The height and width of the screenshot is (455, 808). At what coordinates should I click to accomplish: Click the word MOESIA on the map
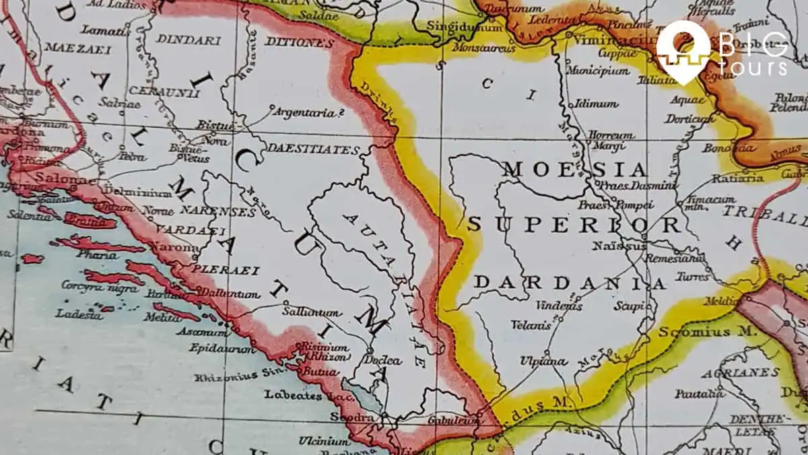574,170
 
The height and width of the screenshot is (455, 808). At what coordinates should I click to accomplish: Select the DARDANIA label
569,283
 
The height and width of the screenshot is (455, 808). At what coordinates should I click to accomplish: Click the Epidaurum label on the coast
223,349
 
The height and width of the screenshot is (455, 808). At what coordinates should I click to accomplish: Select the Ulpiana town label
543,361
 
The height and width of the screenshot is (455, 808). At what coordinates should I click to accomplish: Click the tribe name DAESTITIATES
313,149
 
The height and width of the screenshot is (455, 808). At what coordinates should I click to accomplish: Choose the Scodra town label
351,418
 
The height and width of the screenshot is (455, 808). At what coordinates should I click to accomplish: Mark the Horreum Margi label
611,139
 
